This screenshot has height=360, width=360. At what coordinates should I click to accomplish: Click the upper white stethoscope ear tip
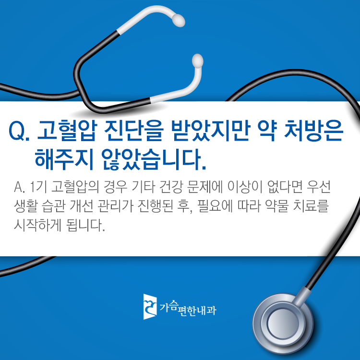click(179, 20)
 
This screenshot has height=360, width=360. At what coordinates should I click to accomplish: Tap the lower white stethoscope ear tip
click(197, 61)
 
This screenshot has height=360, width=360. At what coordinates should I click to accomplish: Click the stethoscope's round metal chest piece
click(283, 323)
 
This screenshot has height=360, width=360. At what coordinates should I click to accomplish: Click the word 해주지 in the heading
click(64, 159)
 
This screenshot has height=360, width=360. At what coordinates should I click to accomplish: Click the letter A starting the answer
click(18, 187)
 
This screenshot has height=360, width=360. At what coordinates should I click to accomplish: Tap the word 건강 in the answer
click(170, 187)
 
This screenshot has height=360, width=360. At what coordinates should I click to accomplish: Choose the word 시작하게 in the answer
click(37, 225)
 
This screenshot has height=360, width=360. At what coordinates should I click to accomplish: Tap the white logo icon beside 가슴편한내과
click(150, 307)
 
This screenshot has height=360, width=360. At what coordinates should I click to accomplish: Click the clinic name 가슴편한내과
click(188, 308)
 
